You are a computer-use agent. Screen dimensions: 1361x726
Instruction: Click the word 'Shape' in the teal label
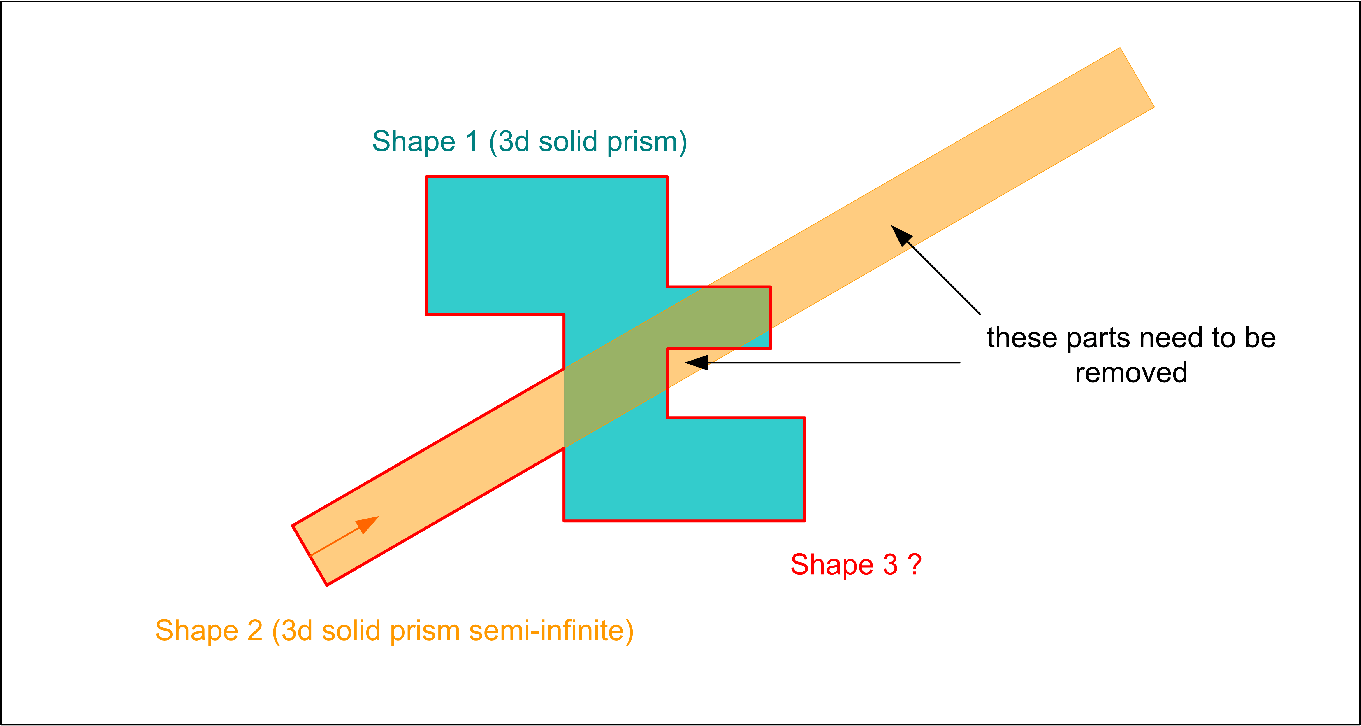[x=413, y=142]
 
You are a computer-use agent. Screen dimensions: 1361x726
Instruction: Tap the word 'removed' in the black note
[x=1131, y=372]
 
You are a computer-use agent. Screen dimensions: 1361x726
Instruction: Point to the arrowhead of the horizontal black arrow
[x=696, y=363]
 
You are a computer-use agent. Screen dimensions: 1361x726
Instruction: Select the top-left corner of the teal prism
[x=427, y=177]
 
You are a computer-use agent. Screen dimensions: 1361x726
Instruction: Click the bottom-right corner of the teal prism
[x=804, y=520]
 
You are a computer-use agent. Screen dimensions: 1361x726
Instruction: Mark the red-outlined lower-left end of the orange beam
[x=310, y=555]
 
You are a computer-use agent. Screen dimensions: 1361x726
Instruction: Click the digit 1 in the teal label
[x=471, y=142]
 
